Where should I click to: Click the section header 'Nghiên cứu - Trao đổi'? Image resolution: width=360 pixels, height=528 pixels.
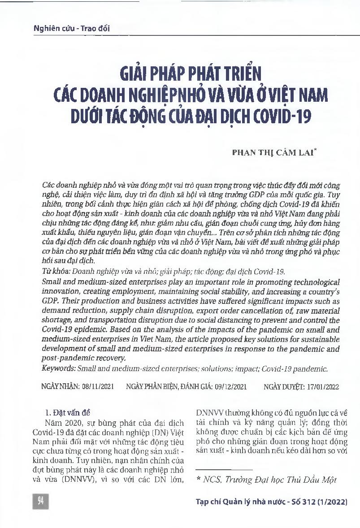coord(72,29)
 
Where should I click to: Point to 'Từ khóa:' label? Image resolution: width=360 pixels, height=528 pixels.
coord(56,272)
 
